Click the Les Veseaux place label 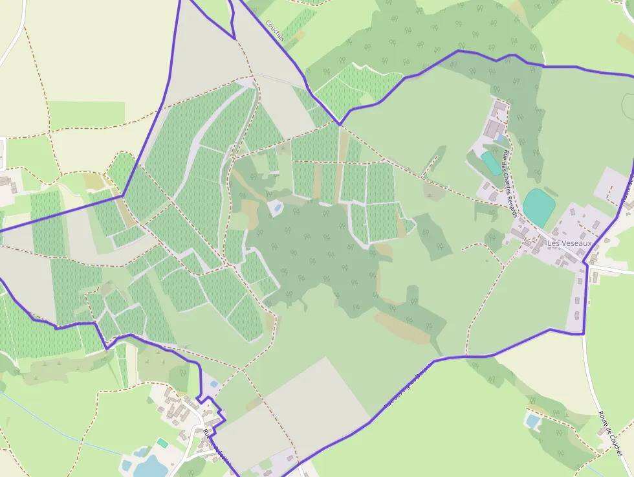coord(569,243)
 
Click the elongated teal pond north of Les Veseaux coord(491,162)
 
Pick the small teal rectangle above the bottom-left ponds coord(162,443)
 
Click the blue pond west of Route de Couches coord(533,421)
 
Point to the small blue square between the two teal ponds coord(500,139)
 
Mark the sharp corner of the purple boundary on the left coord(122,195)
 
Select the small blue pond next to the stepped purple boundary coord(214,384)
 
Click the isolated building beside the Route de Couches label coord(601,431)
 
